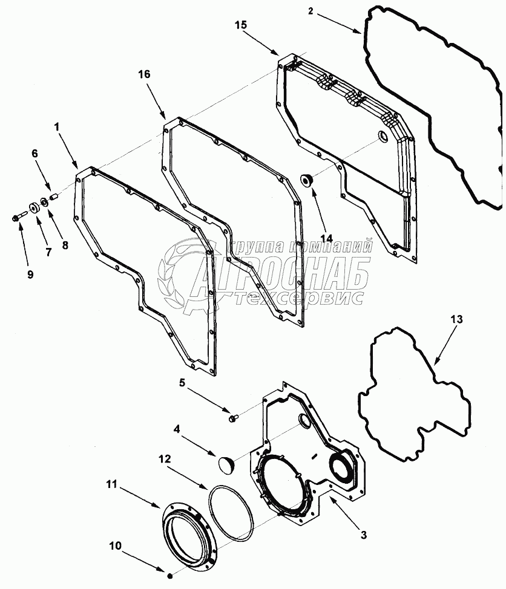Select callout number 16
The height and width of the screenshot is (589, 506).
pyautogui.click(x=144, y=74)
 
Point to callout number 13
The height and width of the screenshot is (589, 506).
pyautogui.click(x=456, y=319)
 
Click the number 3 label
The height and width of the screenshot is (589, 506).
pyautogui.click(x=363, y=534)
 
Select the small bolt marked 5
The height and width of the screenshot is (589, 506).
pyautogui.click(x=235, y=417)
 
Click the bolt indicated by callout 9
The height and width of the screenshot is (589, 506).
pyautogui.click(x=16, y=216)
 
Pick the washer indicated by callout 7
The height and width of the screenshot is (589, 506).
pyautogui.click(x=33, y=207)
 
